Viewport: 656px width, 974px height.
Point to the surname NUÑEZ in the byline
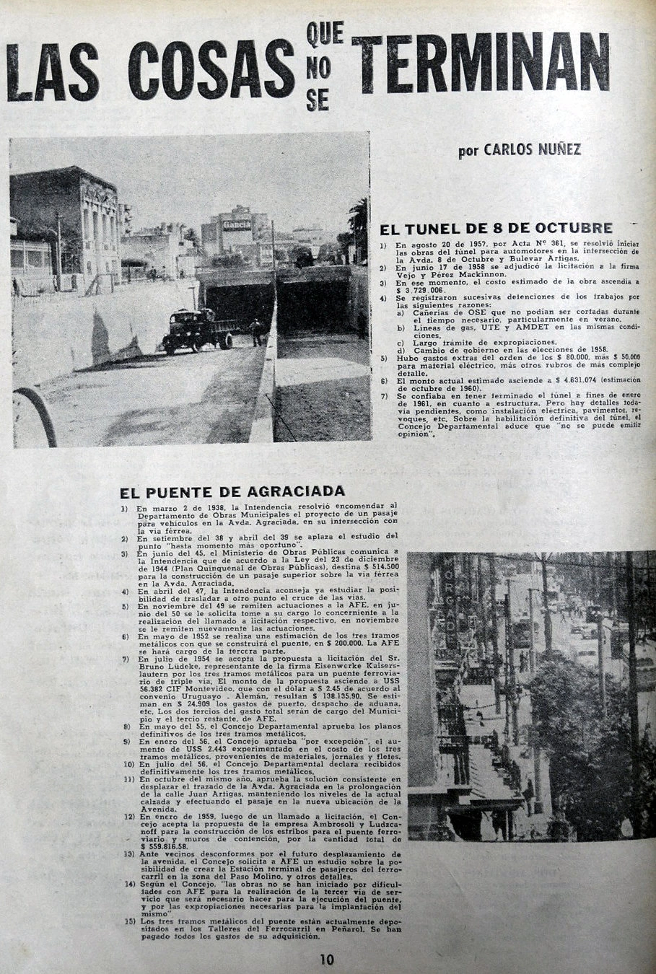[556, 150]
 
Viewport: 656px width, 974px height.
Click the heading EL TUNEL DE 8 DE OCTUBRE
[496, 229]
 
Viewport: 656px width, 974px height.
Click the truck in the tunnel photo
[196, 330]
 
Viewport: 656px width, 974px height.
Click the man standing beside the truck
[255, 333]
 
